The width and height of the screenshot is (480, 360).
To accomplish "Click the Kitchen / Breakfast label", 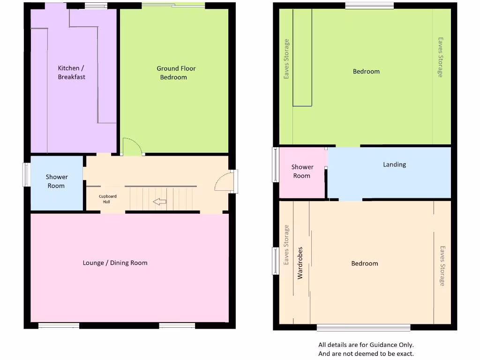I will pyautogui.click(x=71, y=73).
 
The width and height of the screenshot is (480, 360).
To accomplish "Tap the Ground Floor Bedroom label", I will pyautogui.click(x=176, y=73).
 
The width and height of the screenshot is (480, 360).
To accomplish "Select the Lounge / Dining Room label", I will pyautogui.click(x=115, y=263).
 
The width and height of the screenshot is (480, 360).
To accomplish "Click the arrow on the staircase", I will pyautogui.click(x=160, y=202).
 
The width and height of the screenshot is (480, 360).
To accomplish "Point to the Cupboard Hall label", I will pyautogui.click(x=107, y=199).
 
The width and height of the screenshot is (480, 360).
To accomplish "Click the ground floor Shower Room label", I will pyautogui.click(x=56, y=181).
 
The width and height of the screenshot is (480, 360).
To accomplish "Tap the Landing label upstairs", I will pyautogui.click(x=394, y=165).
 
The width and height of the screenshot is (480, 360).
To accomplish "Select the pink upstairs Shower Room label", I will pyautogui.click(x=302, y=172).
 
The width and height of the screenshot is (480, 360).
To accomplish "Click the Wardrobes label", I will pyautogui.click(x=300, y=263).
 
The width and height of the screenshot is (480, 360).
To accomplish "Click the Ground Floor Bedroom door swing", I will pyautogui.click(x=132, y=146).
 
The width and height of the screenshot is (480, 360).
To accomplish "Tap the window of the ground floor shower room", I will pyautogui.click(x=27, y=174).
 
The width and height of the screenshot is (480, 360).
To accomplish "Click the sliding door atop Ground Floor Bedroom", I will pyautogui.click(x=173, y=5).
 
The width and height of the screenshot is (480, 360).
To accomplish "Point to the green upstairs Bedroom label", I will pyautogui.click(x=366, y=72).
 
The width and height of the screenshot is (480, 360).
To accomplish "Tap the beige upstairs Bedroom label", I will pyautogui.click(x=364, y=263).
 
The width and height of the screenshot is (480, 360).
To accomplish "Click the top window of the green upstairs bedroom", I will pyautogui.click(x=369, y=6).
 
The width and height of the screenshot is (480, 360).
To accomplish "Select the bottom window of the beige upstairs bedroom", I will pyautogui.click(x=363, y=327).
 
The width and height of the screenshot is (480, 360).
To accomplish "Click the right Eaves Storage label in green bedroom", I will pyautogui.click(x=440, y=58).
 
